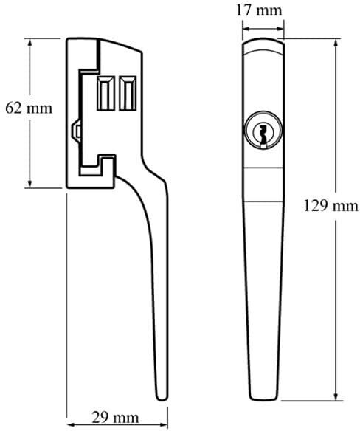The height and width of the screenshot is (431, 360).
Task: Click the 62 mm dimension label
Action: tap(29, 108)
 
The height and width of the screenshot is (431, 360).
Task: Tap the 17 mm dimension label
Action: tap(259, 10)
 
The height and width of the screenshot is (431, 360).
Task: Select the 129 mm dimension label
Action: tap(331, 206)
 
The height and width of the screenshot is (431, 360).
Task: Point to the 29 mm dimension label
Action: tap(115, 417)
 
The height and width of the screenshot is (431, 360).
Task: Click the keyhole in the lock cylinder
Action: tap(263, 134)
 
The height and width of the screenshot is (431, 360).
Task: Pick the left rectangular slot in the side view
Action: tap(106, 93)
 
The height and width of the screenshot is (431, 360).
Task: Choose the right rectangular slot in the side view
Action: tap(128, 93)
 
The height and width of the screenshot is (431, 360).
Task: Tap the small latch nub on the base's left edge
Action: tap(76, 131)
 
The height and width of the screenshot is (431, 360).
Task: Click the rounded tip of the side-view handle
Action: tap(162, 398)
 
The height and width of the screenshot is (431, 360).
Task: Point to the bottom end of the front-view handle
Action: tap(263, 399)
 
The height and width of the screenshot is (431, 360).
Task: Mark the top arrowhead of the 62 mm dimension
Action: tap(30, 42)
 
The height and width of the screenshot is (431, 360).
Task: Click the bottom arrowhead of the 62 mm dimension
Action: tap(30, 184)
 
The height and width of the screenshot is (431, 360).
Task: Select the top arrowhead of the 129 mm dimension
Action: tap(336, 44)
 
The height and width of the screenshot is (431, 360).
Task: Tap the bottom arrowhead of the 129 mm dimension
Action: tap(336, 397)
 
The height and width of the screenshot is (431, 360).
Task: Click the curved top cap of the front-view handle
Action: tap(263, 44)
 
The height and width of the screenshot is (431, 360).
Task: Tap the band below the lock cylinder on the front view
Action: tap(263, 185)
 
